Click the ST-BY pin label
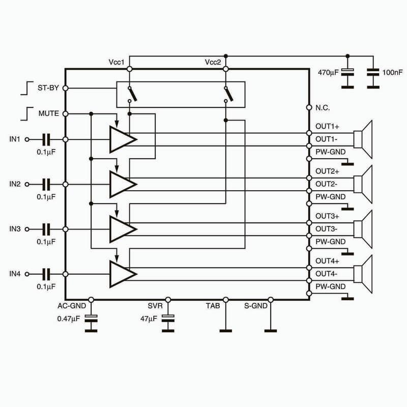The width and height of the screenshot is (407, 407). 48,88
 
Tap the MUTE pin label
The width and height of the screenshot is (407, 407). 49,113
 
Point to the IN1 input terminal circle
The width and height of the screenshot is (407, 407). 27,139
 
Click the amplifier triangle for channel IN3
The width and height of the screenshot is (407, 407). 123,229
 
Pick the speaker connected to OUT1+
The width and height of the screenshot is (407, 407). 363,139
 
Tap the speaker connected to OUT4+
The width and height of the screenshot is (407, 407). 363,274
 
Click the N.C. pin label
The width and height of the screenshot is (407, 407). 323,107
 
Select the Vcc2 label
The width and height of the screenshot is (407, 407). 213,62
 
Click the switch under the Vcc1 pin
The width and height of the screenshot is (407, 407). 132,94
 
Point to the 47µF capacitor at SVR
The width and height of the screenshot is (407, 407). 168,318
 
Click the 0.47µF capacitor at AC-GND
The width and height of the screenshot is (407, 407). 91,318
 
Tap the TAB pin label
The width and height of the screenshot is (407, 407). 213,306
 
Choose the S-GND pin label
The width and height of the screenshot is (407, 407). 256,306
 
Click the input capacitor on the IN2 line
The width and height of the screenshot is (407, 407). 46,185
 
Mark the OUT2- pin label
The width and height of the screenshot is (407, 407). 326,184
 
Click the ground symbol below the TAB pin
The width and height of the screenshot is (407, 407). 225,331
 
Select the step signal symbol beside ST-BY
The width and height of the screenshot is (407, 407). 27,88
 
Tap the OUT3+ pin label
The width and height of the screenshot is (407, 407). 327,216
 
